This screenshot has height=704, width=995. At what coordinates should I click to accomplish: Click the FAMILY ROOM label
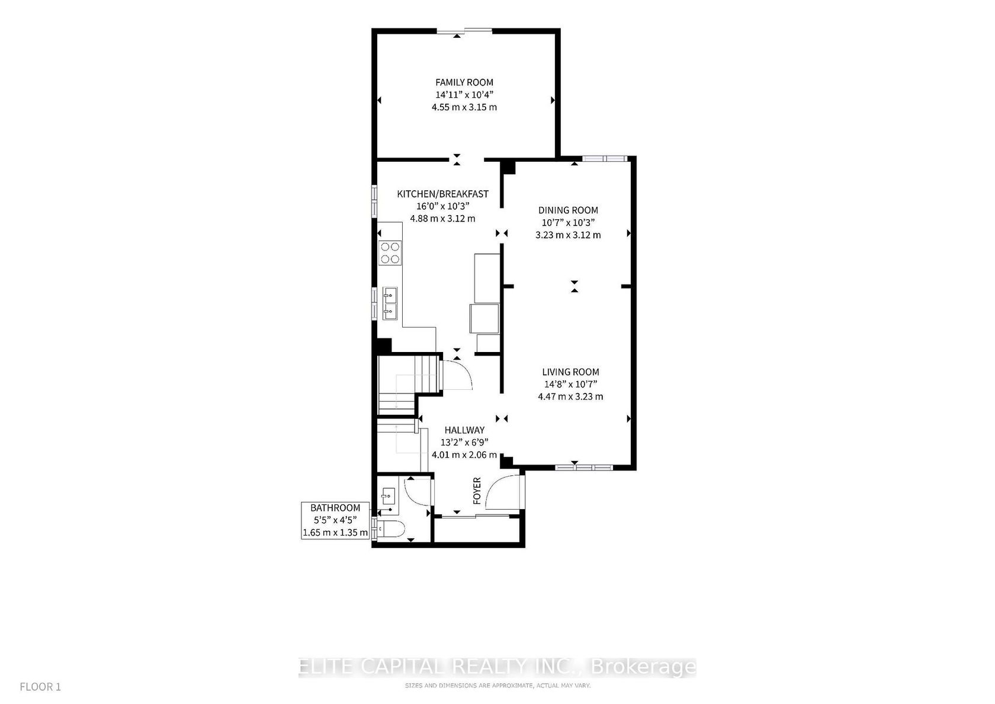[x=464, y=82]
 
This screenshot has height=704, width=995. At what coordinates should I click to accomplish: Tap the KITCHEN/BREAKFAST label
[x=442, y=194]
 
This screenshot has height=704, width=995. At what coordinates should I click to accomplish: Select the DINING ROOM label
[x=568, y=210]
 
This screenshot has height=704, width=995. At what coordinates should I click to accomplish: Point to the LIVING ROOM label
[x=570, y=372]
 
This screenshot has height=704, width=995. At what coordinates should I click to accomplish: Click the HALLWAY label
[x=464, y=430]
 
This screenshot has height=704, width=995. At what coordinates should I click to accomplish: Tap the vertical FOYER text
[x=477, y=491]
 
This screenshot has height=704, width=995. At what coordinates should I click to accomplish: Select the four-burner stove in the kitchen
[x=390, y=253]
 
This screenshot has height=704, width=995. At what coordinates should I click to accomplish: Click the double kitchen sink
[x=390, y=303]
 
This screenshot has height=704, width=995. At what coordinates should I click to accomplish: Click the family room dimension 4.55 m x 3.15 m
[x=464, y=107]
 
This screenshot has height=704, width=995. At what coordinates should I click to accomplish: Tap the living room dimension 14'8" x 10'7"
[x=570, y=385]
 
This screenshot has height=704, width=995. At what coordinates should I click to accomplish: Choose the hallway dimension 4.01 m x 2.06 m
[x=464, y=455]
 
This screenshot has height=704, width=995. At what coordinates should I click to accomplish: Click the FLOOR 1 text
[x=40, y=687]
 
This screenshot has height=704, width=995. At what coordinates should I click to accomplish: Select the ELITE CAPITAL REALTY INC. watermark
[x=496, y=667]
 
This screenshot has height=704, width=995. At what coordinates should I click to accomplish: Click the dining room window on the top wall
[x=605, y=158]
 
